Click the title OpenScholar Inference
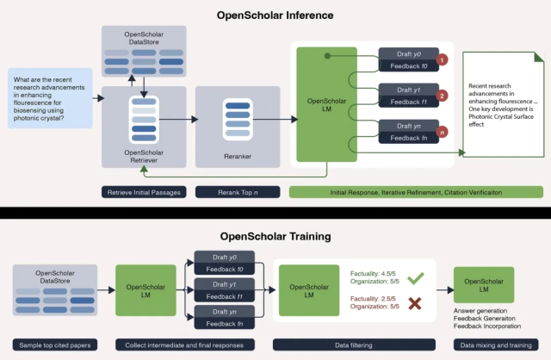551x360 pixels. click(x=275, y=15)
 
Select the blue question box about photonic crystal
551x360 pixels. click(x=50, y=98)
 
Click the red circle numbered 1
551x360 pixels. click(x=442, y=60)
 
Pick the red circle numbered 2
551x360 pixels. click(x=442, y=96)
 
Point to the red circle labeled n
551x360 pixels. click(x=442, y=133)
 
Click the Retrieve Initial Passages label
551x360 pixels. click(x=143, y=191)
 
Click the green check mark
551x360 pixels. click(x=414, y=279)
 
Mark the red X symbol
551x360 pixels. click(x=414, y=302)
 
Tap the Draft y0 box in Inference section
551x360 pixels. click(x=409, y=53)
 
